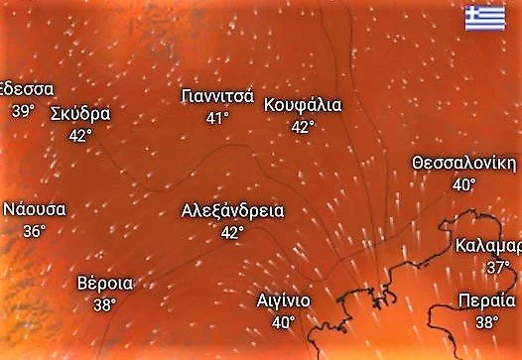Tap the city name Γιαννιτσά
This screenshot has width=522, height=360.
tap(218, 96)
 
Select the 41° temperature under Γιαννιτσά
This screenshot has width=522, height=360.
tap(217, 118)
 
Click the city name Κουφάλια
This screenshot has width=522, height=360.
tap(303, 104)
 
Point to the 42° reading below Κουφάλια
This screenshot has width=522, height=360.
tap(303, 126)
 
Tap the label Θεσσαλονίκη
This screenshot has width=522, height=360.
tap(463, 163)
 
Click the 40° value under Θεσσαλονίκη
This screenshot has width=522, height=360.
tap(463, 184)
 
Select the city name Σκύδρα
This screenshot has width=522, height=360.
tap(79, 112)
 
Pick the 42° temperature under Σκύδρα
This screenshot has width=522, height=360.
tap(80, 135)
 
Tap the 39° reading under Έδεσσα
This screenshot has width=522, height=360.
tap(22, 110)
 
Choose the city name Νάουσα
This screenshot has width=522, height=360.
tap(35, 209)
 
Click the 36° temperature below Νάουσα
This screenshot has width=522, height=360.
tap(35, 231)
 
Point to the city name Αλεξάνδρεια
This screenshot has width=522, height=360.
tap(233, 210)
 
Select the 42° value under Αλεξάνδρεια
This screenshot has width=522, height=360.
tap(232, 232)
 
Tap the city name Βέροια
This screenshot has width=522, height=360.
tap(105, 284)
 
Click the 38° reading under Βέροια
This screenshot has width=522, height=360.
tap(105, 305)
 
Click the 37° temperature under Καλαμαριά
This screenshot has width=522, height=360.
tap(497, 268)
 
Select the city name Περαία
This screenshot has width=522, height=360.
tap(487, 300)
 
